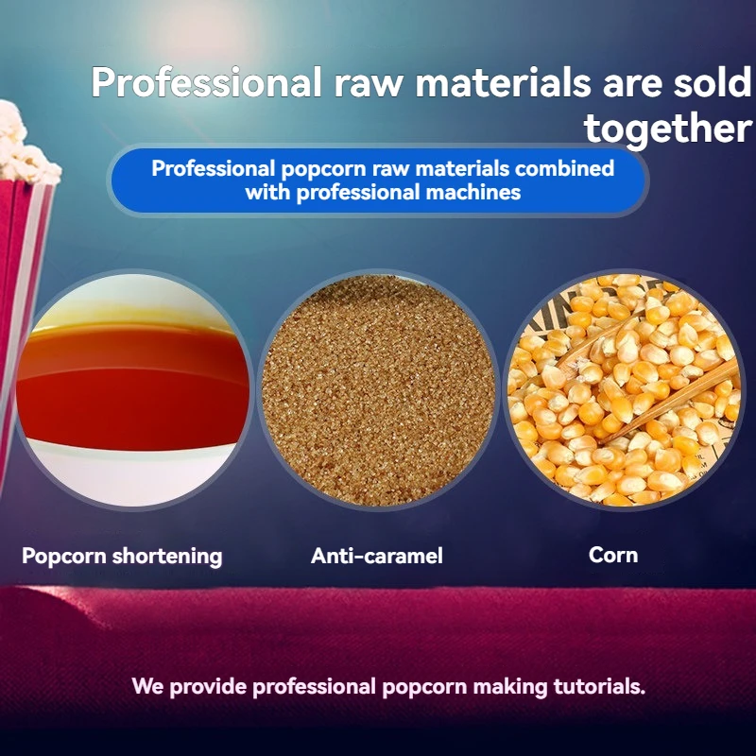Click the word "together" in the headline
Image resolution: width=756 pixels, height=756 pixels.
(x=668, y=129)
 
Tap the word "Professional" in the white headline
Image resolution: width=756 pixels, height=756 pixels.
(x=206, y=82)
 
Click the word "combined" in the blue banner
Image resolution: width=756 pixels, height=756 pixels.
(x=564, y=169)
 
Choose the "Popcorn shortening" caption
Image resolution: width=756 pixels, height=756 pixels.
(x=122, y=556)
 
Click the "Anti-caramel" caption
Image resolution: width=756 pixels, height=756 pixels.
(x=376, y=556)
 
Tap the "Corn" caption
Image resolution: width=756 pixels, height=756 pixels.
(x=613, y=555)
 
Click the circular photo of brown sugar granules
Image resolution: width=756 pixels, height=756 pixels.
(x=378, y=390)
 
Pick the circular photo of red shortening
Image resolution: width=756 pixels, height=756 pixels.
(x=132, y=390)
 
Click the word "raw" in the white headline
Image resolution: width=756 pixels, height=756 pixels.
(x=369, y=84)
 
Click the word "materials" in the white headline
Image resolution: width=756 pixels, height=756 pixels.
(x=503, y=82)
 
